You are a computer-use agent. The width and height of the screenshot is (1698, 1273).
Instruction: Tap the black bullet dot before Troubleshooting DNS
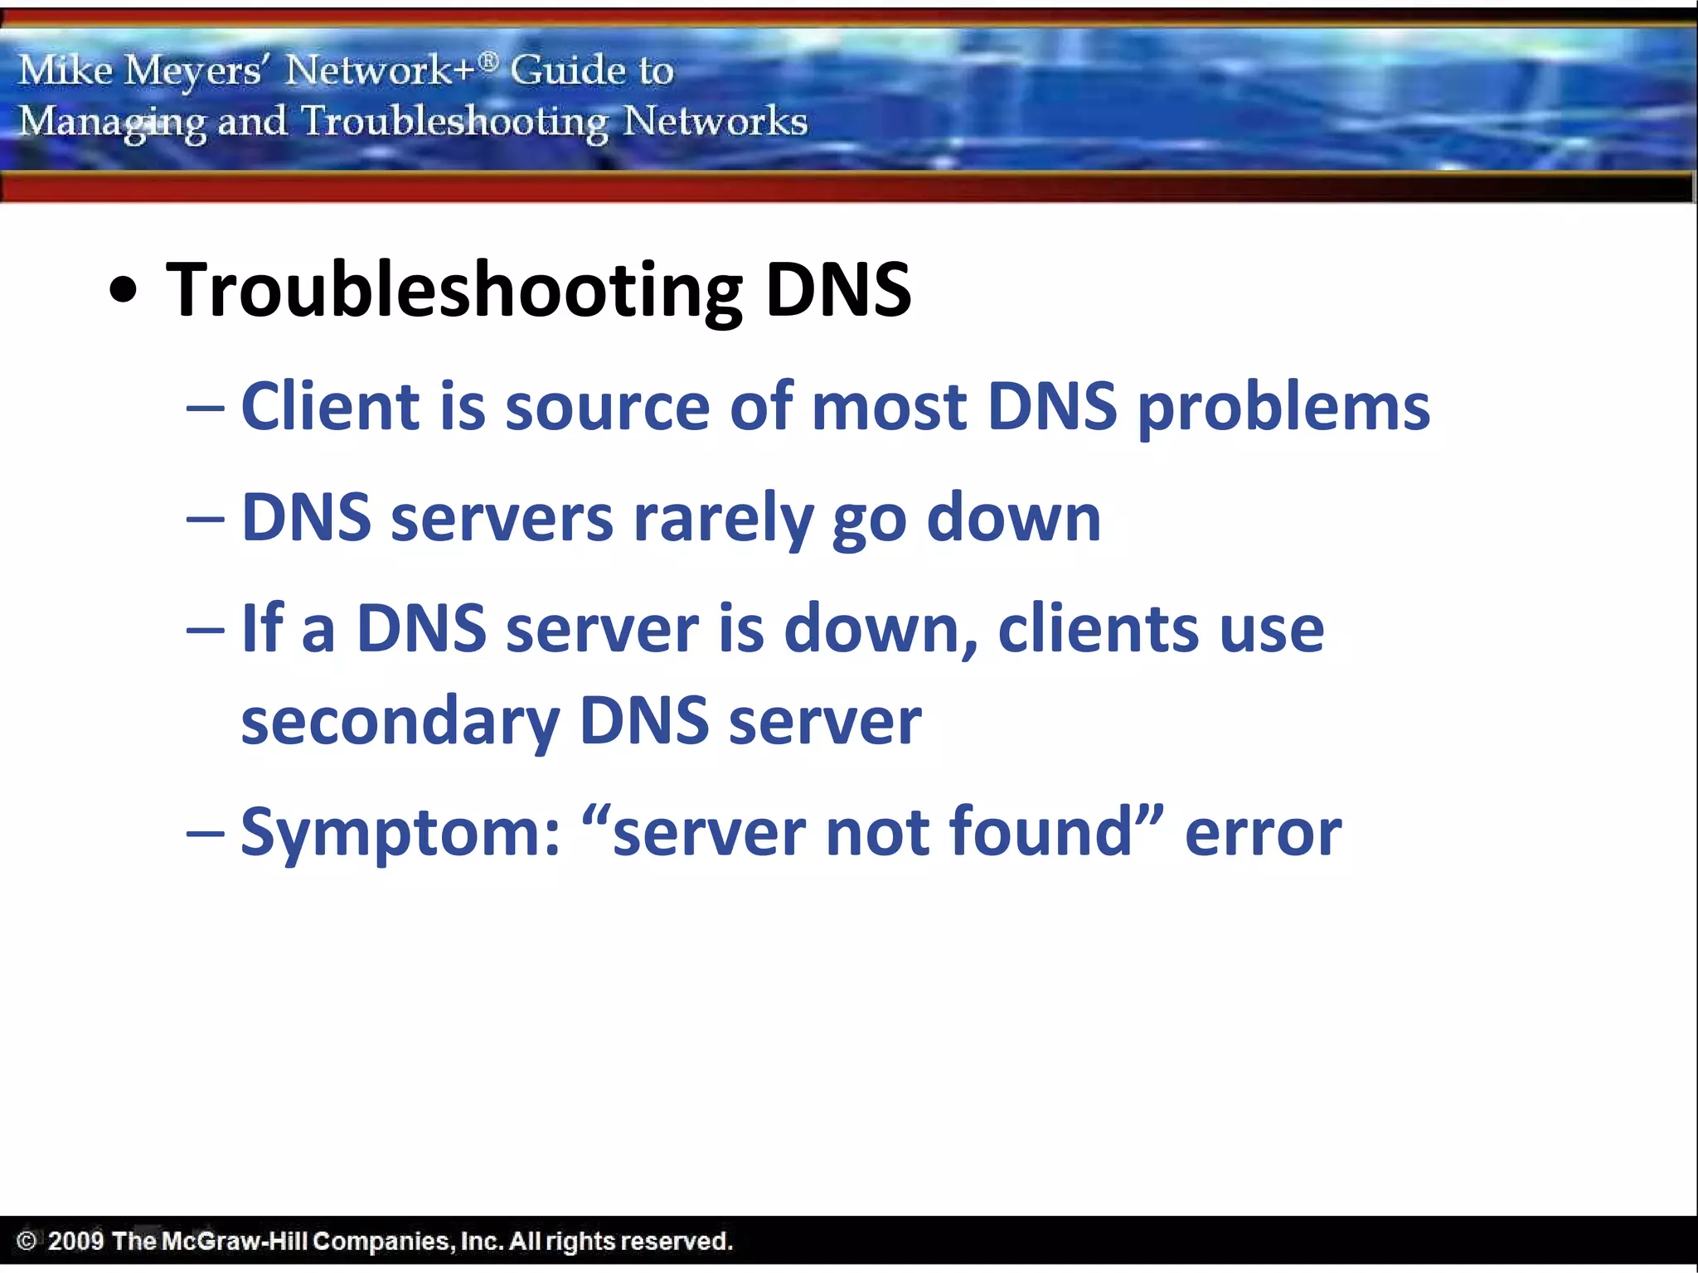click(x=124, y=291)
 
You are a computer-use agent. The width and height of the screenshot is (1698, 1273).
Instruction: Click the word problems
click(x=1283, y=409)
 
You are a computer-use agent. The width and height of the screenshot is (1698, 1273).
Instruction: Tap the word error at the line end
click(x=1263, y=833)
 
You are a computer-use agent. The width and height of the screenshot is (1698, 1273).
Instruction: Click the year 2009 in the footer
click(x=75, y=1241)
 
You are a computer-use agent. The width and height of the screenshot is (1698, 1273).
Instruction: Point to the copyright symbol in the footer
click(x=27, y=1241)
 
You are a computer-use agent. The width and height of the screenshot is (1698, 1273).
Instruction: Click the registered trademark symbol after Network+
click(x=489, y=61)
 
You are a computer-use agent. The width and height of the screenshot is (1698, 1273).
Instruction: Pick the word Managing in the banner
click(x=112, y=123)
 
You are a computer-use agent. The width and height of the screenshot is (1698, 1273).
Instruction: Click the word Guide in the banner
click(x=568, y=70)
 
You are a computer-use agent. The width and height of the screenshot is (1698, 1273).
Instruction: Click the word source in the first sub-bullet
click(x=608, y=407)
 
